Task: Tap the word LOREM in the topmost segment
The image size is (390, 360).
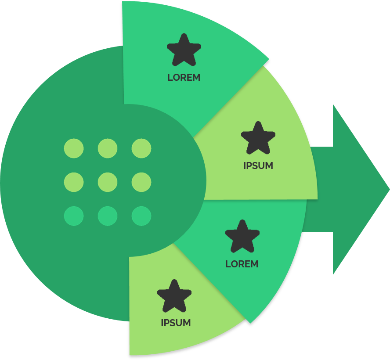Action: tap(184, 78)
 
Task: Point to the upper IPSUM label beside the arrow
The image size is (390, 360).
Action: tap(258, 166)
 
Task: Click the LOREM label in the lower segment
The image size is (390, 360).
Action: tap(242, 264)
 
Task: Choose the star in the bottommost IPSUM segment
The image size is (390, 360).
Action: tap(174, 295)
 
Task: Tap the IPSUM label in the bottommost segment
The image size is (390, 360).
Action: tap(176, 323)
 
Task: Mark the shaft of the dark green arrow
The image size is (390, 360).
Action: tap(321, 190)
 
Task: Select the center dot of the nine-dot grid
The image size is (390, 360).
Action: tap(108, 182)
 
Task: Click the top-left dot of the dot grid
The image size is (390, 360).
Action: tap(74, 148)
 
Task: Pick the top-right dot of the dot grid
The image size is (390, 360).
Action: tap(141, 148)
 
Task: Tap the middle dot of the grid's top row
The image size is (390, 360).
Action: tap(108, 148)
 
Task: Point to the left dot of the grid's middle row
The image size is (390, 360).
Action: tap(74, 182)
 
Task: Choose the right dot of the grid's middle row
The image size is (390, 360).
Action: tap(141, 182)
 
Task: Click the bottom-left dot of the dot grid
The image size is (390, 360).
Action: tap(74, 216)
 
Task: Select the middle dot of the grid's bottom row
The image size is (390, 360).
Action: tap(108, 216)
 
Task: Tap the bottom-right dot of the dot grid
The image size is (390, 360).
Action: tap(141, 216)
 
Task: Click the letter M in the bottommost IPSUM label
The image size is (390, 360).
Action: tap(187, 323)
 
